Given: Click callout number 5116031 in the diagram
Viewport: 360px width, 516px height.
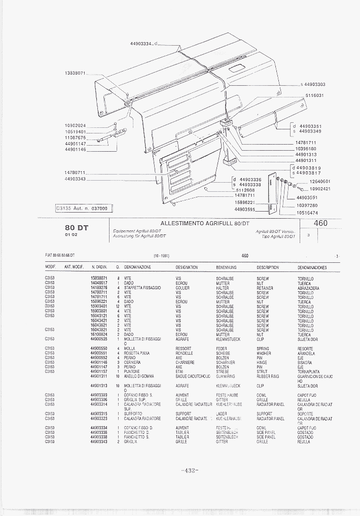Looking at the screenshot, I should tap(314, 95).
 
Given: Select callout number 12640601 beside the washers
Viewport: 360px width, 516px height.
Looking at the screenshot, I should tap(319, 181).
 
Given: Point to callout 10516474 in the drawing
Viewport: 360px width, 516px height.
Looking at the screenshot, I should tap(307, 213).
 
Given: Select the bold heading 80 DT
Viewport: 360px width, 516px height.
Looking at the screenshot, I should tap(77, 228).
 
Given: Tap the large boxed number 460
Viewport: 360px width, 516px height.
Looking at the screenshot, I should tap(320, 223).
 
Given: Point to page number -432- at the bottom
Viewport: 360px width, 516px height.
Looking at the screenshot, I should tap(189, 470).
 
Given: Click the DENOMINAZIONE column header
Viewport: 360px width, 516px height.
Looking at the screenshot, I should tap(137, 267).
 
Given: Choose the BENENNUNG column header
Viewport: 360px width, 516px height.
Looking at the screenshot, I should tap(226, 267).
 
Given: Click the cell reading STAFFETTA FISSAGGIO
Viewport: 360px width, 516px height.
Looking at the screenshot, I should tap(142, 288).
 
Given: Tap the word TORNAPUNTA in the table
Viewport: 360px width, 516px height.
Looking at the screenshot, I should tap(309, 372).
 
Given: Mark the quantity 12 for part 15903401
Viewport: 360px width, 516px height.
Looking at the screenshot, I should tap(118, 306).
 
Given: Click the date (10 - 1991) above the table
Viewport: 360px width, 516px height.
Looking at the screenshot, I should tap(161, 256).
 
